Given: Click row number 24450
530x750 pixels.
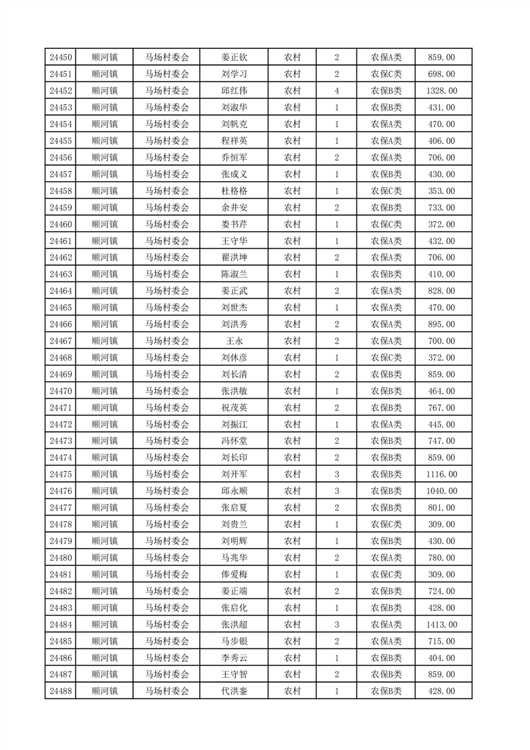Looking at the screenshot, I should click(61, 57).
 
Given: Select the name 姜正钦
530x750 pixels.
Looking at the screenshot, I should click(235, 57).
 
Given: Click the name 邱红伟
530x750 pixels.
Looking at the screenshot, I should click(235, 91).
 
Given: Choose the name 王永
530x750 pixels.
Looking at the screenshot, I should click(235, 341).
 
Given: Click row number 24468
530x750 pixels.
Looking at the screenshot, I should click(61, 358).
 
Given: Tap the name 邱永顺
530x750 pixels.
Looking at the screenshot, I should click(235, 491).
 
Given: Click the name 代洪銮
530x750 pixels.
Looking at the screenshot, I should click(235, 691).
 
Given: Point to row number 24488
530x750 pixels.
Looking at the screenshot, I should click(61, 691).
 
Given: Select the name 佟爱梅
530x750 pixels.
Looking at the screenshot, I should click(235, 574).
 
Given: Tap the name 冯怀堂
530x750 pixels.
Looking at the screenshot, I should click(235, 441).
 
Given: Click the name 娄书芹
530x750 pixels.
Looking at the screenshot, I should click(235, 225).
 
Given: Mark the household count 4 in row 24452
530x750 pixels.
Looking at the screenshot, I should click(336, 91).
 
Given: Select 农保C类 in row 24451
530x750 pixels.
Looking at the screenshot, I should click(386, 74).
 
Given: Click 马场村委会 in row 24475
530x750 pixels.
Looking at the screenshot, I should click(167, 475).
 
